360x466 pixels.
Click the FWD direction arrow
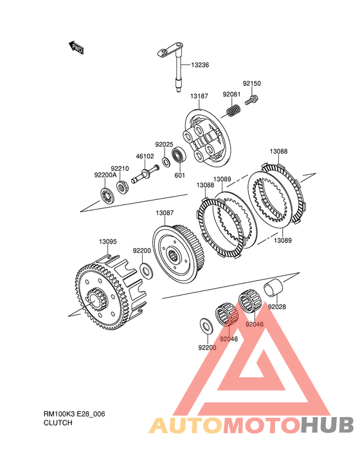76,48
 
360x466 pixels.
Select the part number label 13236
200,65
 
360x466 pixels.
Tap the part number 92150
251,84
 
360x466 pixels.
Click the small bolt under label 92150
252,100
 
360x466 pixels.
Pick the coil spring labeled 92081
233,111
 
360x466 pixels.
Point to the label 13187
199,96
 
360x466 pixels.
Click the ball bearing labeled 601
179,154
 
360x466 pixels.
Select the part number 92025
164,145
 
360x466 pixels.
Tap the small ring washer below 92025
166,162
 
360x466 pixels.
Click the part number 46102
145,156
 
